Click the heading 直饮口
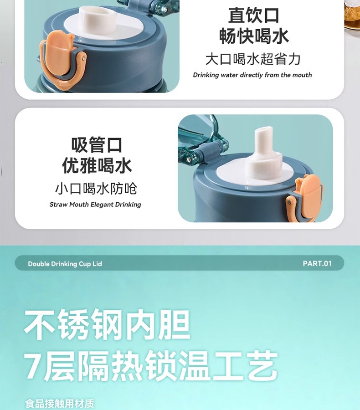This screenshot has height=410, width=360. (253, 15)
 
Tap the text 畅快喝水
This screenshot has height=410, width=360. (254, 36)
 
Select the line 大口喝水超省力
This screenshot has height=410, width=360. (253, 59)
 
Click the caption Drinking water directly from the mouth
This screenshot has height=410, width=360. (252, 75)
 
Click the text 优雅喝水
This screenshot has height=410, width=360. (97, 165)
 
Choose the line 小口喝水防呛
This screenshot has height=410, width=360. (96, 188)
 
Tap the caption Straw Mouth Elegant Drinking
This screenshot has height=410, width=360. (95, 205)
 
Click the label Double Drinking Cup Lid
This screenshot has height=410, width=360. (65, 264)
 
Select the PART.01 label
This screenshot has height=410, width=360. (317, 264)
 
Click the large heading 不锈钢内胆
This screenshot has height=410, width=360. (107, 324)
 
